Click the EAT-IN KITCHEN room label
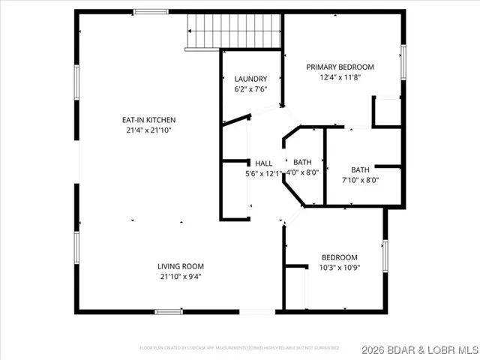pos(149,119)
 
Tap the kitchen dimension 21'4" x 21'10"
pos(149,130)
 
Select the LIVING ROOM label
pos(181,266)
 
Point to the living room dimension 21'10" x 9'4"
pos(181,277)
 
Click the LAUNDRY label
pos(250,79)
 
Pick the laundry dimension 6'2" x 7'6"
pos(250,89)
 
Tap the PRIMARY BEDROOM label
pos(340,67)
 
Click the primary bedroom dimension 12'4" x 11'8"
pos(340,77)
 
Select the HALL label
pos(264,163)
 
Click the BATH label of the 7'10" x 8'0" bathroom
pos(360,169)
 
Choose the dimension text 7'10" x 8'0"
pos(360,179)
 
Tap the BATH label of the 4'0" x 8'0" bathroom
pos(302,162)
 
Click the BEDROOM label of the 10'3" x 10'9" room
pos(339,256)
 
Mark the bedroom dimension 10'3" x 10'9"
pos(339,267)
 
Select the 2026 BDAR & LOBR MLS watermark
pos(418,349)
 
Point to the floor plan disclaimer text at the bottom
pos(240,348)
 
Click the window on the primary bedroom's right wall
pos(403,61)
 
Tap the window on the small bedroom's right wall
pos(386,256)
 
